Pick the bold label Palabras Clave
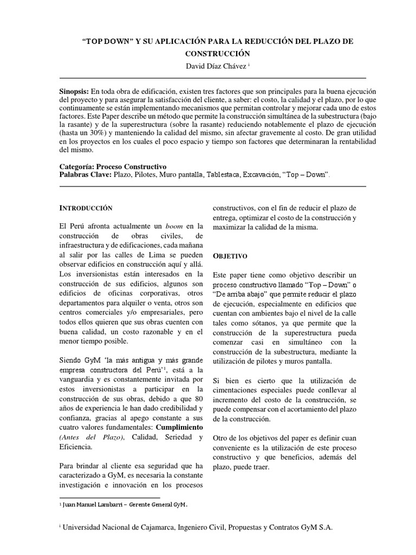coord(84,175)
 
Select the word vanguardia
coord(77,379)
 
